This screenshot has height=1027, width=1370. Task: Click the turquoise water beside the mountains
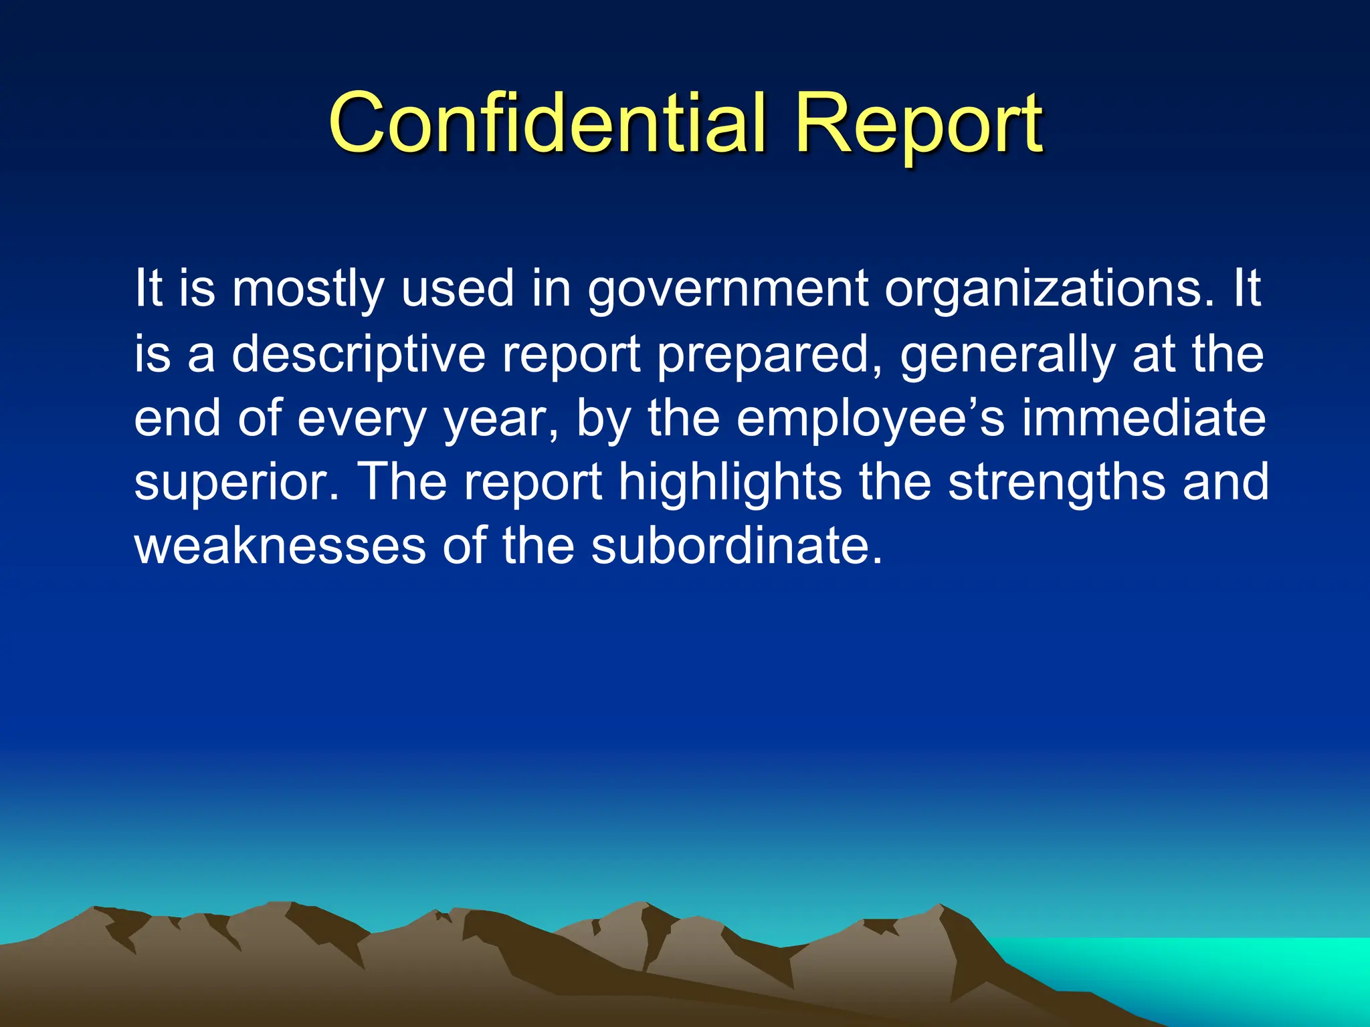[x=1204, y=969]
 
